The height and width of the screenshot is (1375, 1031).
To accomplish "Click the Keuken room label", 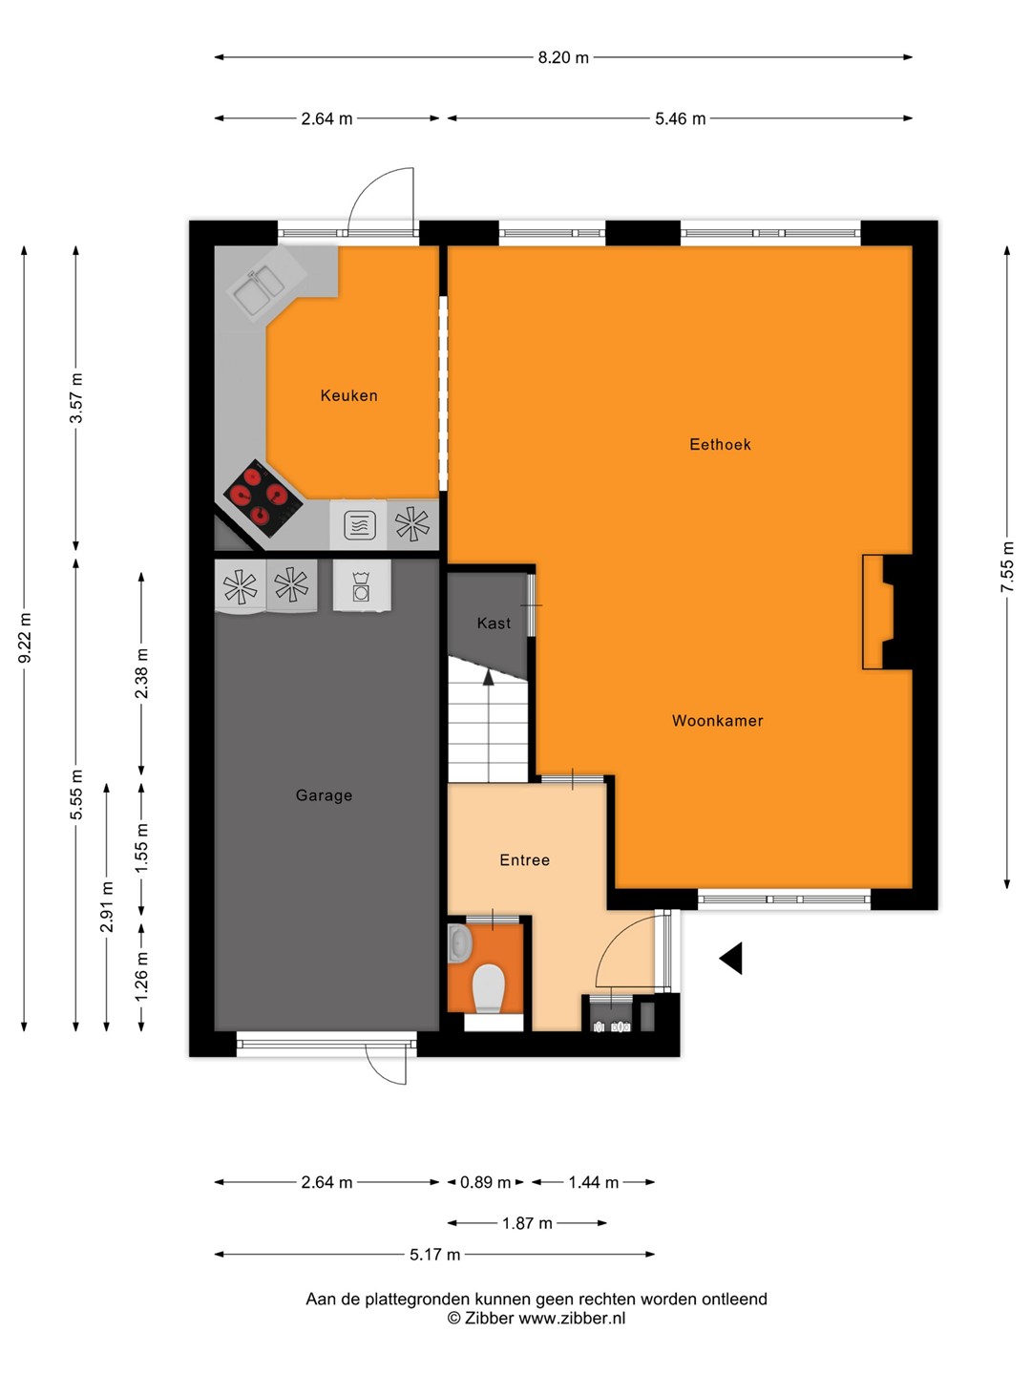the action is click(348, 395).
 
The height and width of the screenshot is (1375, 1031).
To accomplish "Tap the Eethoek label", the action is click(720, 444).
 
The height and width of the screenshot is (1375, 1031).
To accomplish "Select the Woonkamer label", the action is click(717, 720).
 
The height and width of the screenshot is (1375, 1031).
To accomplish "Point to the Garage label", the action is click(324, 795).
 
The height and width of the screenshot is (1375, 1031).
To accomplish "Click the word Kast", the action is click(494, 623).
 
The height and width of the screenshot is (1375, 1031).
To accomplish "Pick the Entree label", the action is click(525, 860).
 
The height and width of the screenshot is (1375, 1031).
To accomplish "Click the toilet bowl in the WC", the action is click(488, 988).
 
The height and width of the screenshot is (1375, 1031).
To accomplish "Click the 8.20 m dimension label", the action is click(563, 57).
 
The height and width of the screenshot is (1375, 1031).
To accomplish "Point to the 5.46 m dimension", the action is click(680, 118).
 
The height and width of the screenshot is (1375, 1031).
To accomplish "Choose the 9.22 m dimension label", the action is click(25, 638).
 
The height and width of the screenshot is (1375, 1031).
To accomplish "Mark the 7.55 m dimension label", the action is click(1007, 566).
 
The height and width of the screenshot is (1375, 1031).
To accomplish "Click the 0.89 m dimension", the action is click(485, 1183).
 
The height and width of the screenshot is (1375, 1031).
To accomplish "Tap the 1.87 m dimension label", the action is click(527, 1223).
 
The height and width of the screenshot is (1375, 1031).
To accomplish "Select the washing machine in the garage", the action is click(362, 585).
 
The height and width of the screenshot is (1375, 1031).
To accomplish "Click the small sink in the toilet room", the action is click(460, 942).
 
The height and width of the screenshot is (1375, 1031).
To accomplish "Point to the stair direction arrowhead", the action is click(488, 676).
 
